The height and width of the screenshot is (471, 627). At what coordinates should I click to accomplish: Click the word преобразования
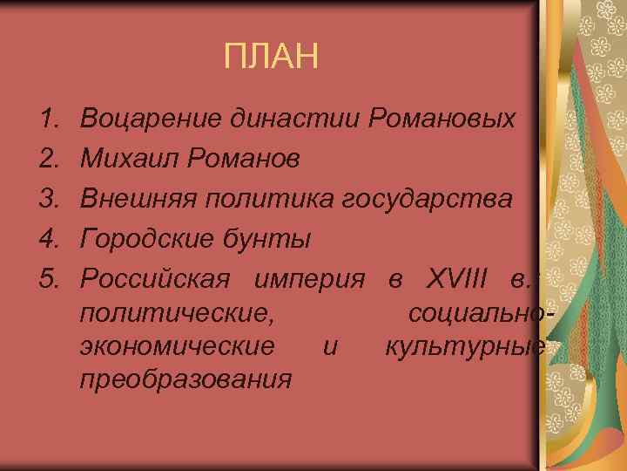(185, 380)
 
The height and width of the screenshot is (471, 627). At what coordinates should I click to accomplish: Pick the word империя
(311, 279)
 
